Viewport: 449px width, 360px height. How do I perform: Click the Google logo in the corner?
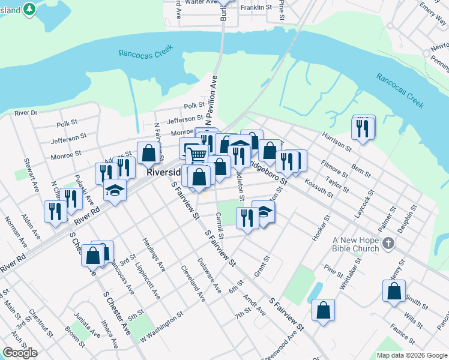click(x=20, y=353)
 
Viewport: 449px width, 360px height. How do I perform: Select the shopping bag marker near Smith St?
click(x=394, y=292)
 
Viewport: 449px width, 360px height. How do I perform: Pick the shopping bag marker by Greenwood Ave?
click(x=323, y=310)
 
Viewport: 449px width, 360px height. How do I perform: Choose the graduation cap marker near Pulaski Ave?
click(x=114, y=191)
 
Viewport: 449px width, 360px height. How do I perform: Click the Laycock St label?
click(x=364, y=203)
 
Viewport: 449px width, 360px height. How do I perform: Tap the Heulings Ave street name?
click(x=154, y=253)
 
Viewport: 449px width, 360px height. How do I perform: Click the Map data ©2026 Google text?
click(x=411, y=355)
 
